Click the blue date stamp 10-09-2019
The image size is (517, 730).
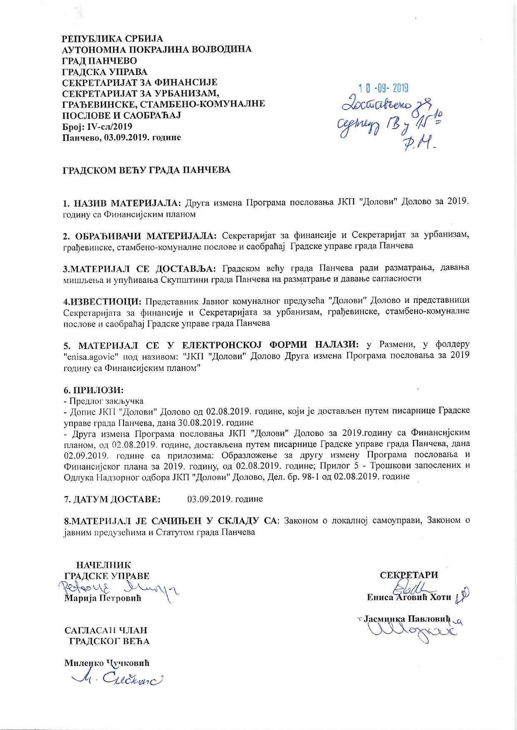[x=384, y=88]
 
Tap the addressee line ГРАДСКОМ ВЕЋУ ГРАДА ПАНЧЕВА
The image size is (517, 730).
[x=146, y=170]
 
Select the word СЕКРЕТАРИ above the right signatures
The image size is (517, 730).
[x=409, y=575]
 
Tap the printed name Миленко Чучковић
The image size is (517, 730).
[x=107, y=662]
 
